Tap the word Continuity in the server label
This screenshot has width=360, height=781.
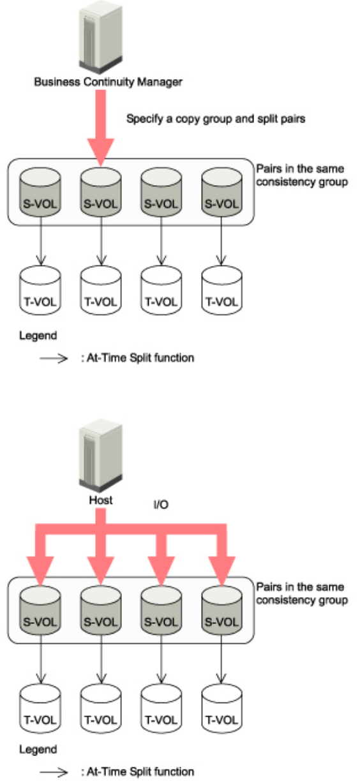coord(109,82)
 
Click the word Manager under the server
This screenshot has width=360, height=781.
coord(160,82)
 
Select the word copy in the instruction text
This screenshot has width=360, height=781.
coord(188,119)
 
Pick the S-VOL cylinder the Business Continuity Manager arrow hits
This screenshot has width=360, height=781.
coord(101,192)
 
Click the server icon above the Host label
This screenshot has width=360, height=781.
coord(101,455)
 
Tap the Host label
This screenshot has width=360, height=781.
coord(101,500)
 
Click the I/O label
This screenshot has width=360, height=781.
coord(161,505)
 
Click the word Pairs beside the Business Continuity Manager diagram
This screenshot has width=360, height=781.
coord(269,169)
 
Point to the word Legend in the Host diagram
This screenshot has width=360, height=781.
coord(38,750)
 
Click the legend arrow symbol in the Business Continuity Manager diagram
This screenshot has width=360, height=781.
coord(54,358)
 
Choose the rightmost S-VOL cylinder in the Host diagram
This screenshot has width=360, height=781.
coord(221,610)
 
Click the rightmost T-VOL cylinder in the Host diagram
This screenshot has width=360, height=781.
coord(221,708)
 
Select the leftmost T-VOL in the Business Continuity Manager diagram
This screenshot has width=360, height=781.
coord(40,290)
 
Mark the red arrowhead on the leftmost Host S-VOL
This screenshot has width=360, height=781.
coord(40,571)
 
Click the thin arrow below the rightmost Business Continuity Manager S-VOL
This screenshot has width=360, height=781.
coord(221,241)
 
